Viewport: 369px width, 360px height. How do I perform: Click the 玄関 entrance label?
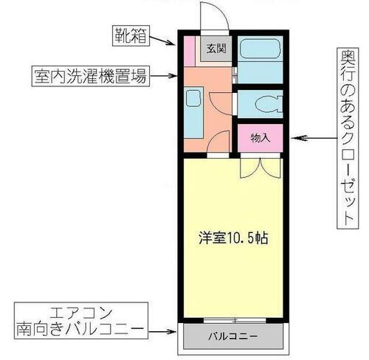[215, 50]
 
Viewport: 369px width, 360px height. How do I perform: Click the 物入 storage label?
[260, 137]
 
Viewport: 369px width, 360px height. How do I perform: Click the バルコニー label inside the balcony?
[232, 337]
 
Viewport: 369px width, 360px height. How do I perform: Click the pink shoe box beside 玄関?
[189, 50]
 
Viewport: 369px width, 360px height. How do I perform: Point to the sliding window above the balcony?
[232, 320]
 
